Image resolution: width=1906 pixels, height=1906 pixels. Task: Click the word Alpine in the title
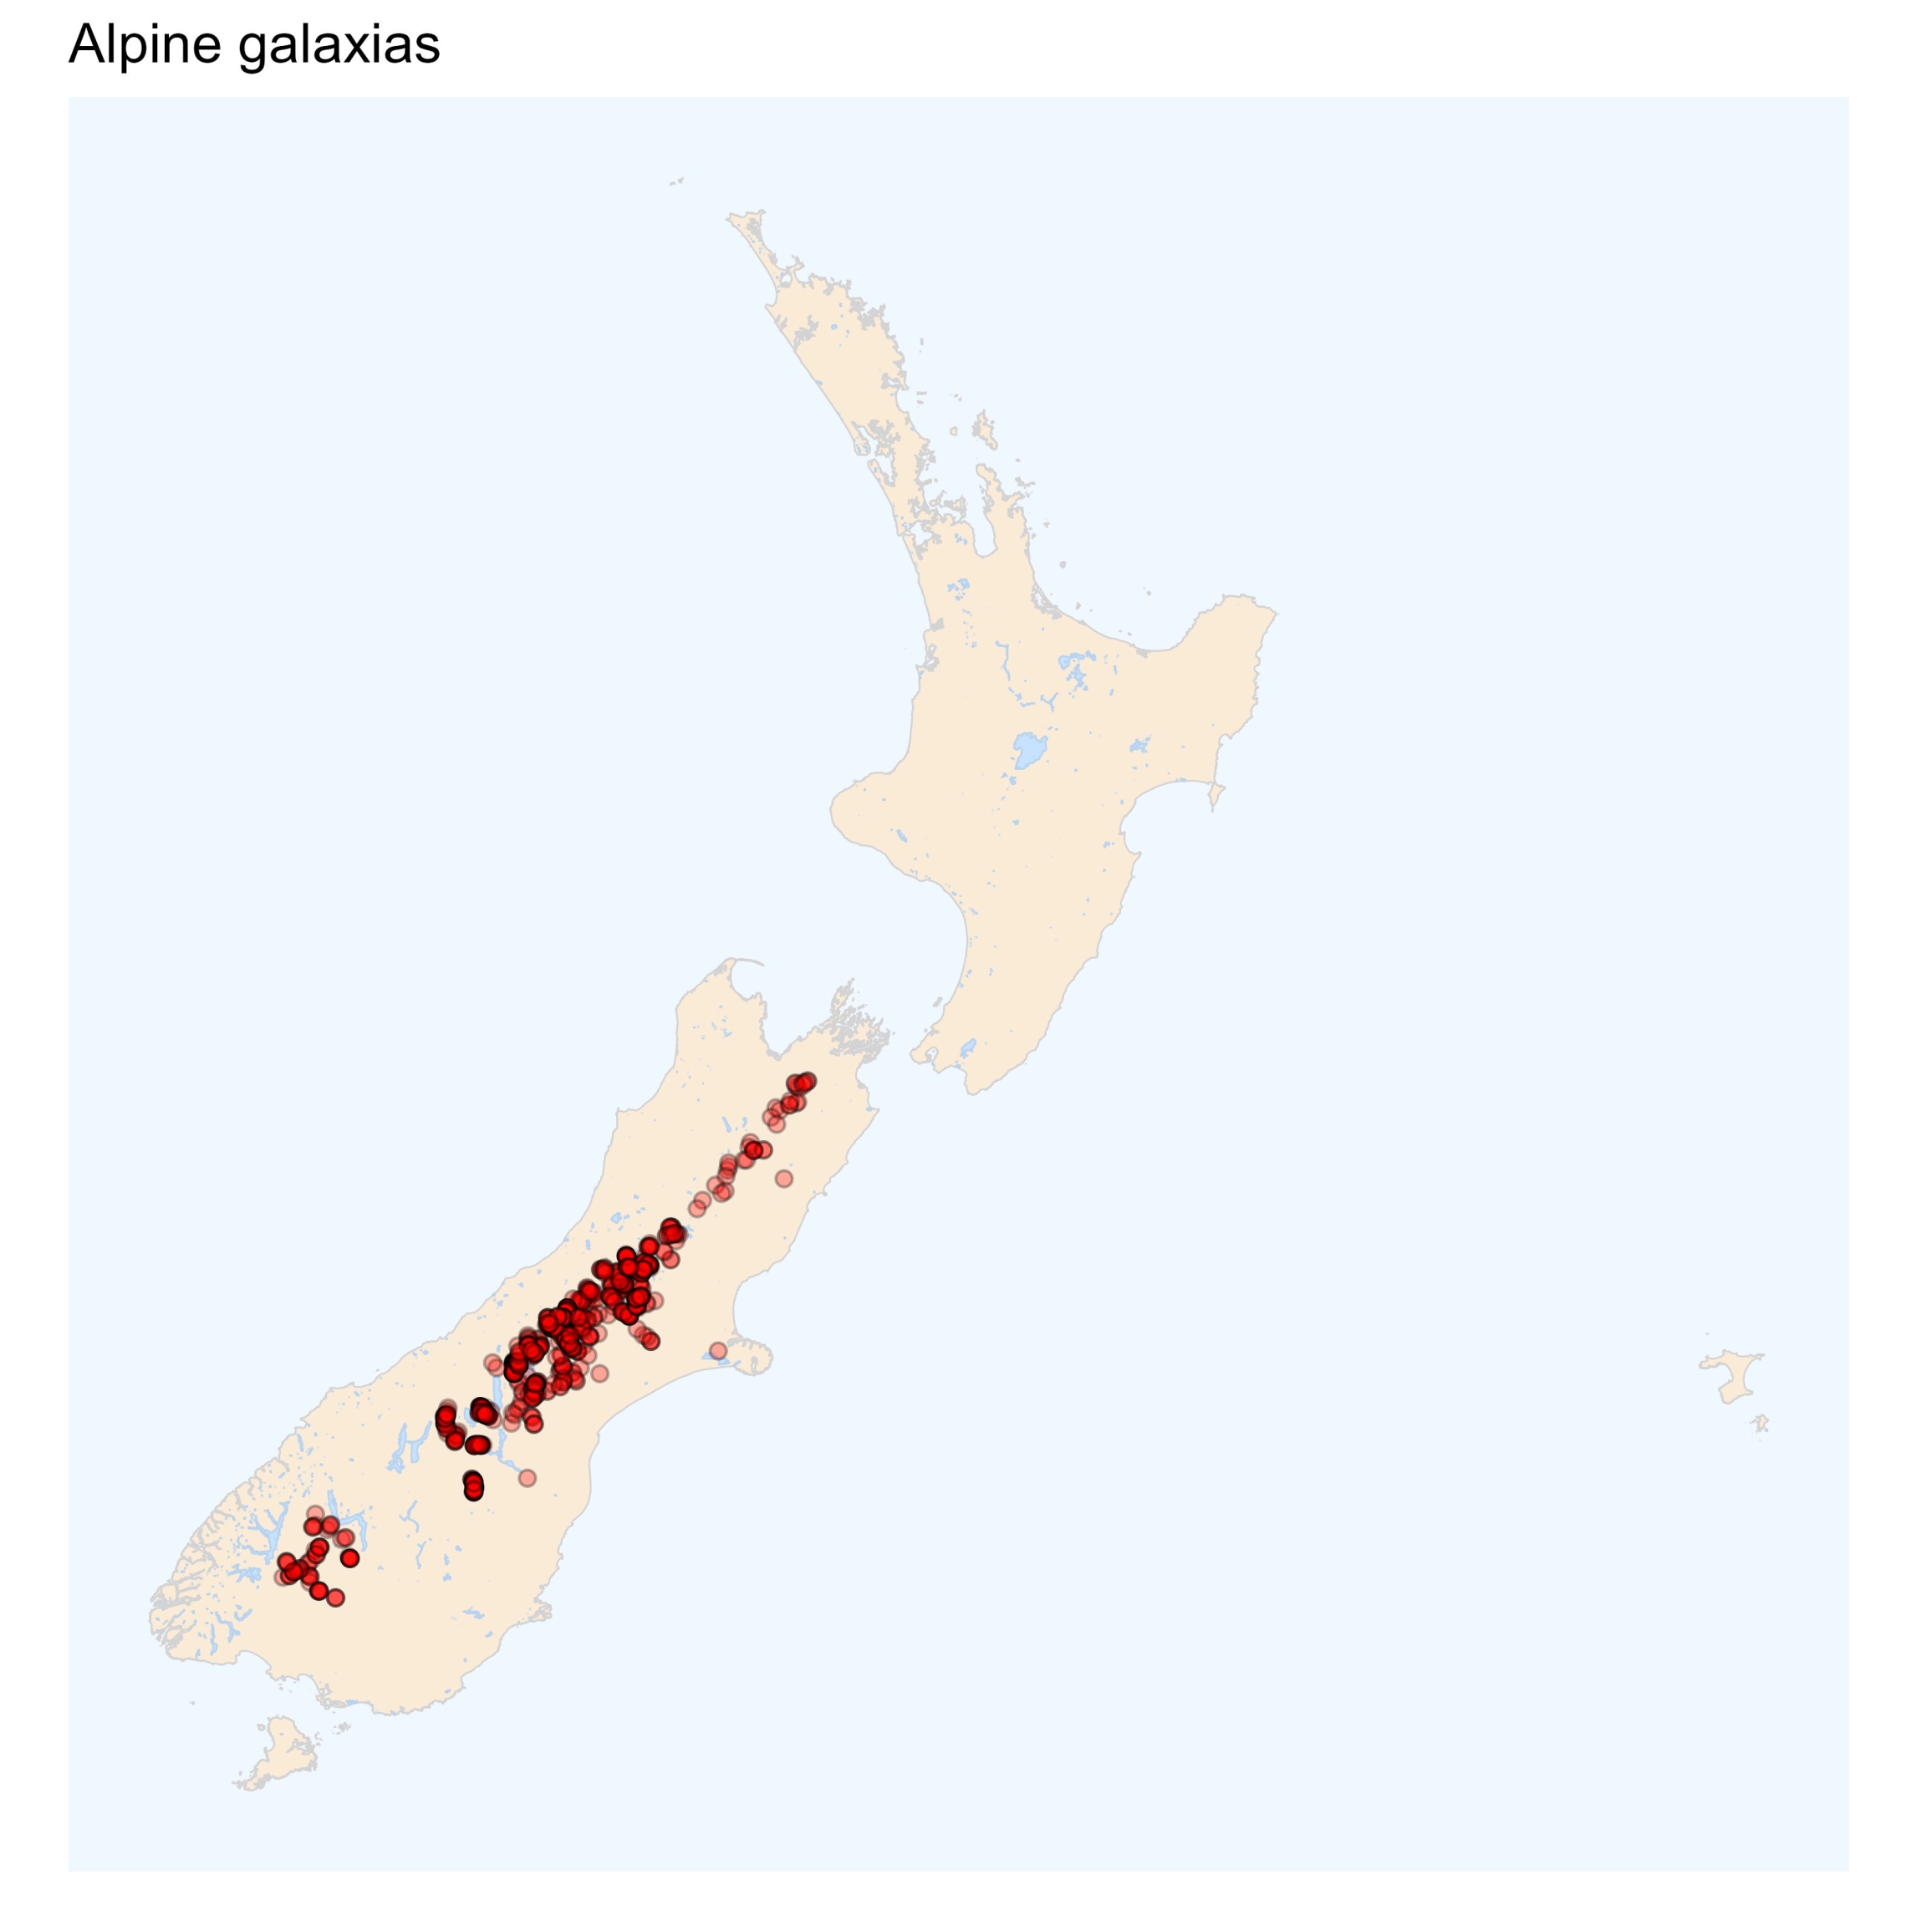click(x=144, y=45)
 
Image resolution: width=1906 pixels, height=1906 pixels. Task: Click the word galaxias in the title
click(x=339, y=45)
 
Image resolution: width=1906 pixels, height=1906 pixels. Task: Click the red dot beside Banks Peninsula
click(x=718, y=1349)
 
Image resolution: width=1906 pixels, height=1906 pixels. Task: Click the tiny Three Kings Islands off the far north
click(x=677, y=181)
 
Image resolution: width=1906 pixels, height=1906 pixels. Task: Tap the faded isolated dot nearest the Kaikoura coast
click(x=783, y=1178)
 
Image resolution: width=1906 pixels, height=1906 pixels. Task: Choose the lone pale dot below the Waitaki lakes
click(x=527, y=1478)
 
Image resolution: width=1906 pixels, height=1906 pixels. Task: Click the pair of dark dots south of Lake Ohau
click(x=473, y=1486)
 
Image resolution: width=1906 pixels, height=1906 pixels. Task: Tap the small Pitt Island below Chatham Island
click(x=1761, y=1423)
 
